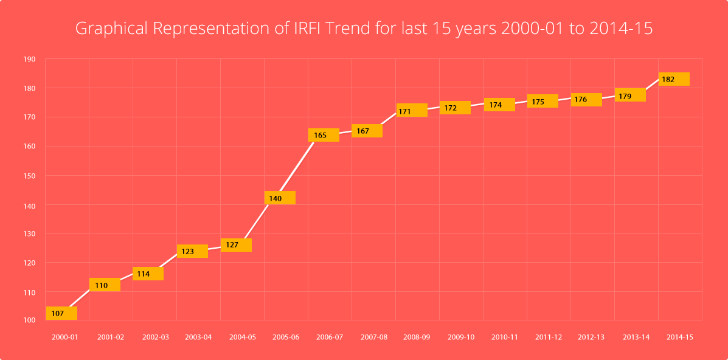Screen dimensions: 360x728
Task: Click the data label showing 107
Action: [61, 313]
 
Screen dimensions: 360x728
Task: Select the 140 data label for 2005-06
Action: [280, 198]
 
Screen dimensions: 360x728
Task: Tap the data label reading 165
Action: [324, 135]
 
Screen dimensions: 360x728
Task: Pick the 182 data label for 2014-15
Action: [673, 79]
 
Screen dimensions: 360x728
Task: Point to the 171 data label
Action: [411, 111]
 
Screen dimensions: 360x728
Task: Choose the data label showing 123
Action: [192, 251]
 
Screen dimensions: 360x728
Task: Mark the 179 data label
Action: [629, 95]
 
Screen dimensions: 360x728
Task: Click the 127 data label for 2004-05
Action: [236, 245]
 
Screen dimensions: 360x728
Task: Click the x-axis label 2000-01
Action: [65, 337]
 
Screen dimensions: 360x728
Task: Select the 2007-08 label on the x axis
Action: [373, 337]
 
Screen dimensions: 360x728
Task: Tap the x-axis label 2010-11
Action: [505, 337]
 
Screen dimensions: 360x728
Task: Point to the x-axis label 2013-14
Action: [636, 337]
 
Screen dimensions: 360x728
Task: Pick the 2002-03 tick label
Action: [155, 337]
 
